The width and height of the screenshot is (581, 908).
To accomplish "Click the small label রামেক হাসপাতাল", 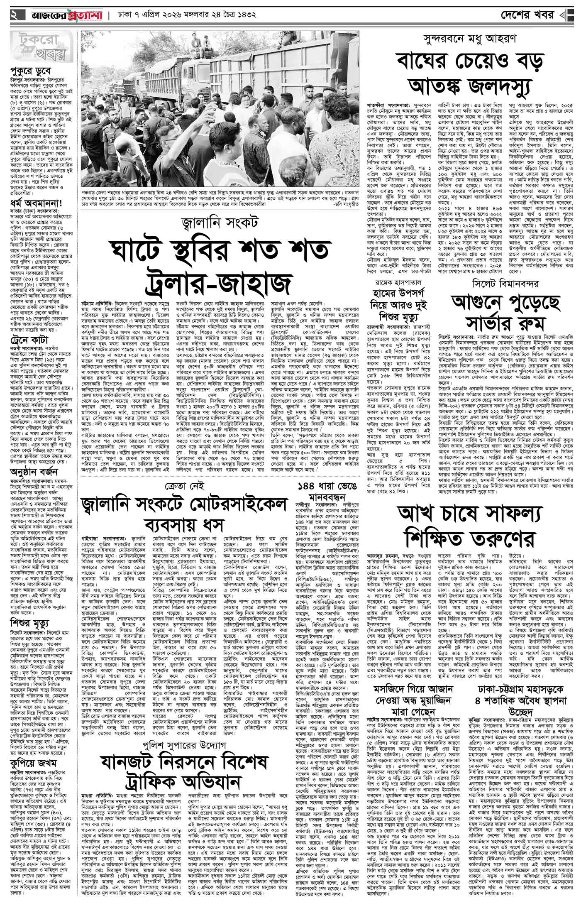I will (x=401, y=284).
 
